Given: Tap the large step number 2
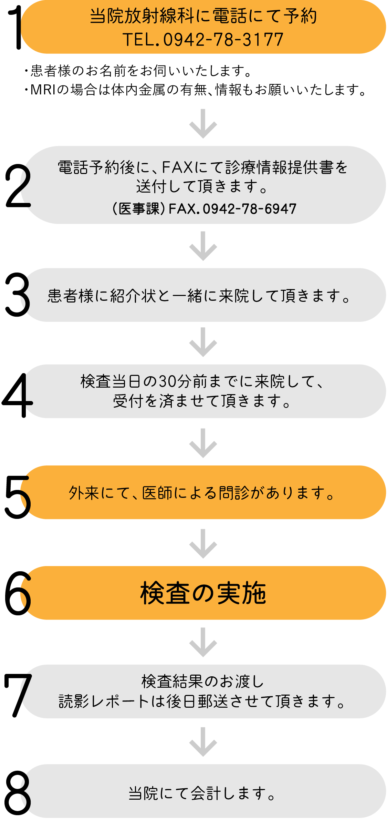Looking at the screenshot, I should pos(18,186).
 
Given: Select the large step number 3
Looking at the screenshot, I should pos(17,295).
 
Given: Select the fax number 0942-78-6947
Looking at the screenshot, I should pos(249,209).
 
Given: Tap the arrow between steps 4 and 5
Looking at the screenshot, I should pos(203,443).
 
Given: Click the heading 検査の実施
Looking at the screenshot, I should pos(203,593).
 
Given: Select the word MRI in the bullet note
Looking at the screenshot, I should pos(43,90).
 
